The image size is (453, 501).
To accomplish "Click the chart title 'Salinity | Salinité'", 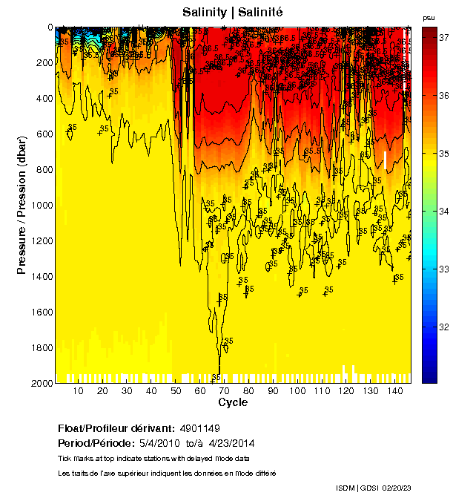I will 233,13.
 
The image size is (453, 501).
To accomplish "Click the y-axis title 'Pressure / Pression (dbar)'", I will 22,204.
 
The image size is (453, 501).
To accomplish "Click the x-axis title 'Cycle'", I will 233,402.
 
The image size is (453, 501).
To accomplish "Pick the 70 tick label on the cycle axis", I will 225,391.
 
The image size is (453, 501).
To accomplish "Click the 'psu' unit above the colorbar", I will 429,17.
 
